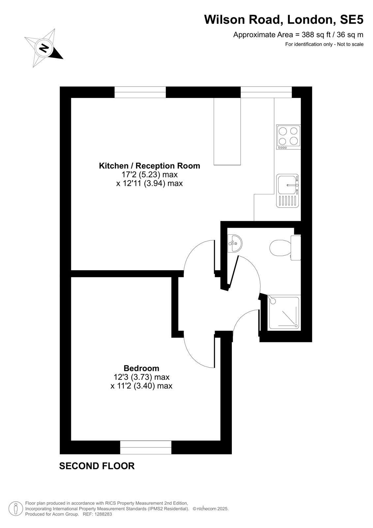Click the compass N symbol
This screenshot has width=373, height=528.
(x=44, y=48)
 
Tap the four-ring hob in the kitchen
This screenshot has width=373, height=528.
(x=289, y=137)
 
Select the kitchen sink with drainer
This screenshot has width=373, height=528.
(x=288, y=191)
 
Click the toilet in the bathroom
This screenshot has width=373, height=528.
(x=285, y=248)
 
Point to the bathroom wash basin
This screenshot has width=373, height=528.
(x=235, y=243)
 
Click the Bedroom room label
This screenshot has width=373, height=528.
(x=141, y=368)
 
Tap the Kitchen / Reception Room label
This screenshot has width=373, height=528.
(x=149, y=166)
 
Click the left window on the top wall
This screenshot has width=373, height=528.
(x=140, y=92)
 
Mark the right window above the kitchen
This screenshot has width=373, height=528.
(x=266, y=92)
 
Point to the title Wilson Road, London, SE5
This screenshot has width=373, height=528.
(x=284, y=19)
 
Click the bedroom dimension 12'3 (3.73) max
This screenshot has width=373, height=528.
(x=141, y=377)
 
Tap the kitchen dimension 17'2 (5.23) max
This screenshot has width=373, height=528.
(x=149, y=175)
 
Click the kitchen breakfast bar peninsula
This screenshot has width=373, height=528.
(x=227, y=131)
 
